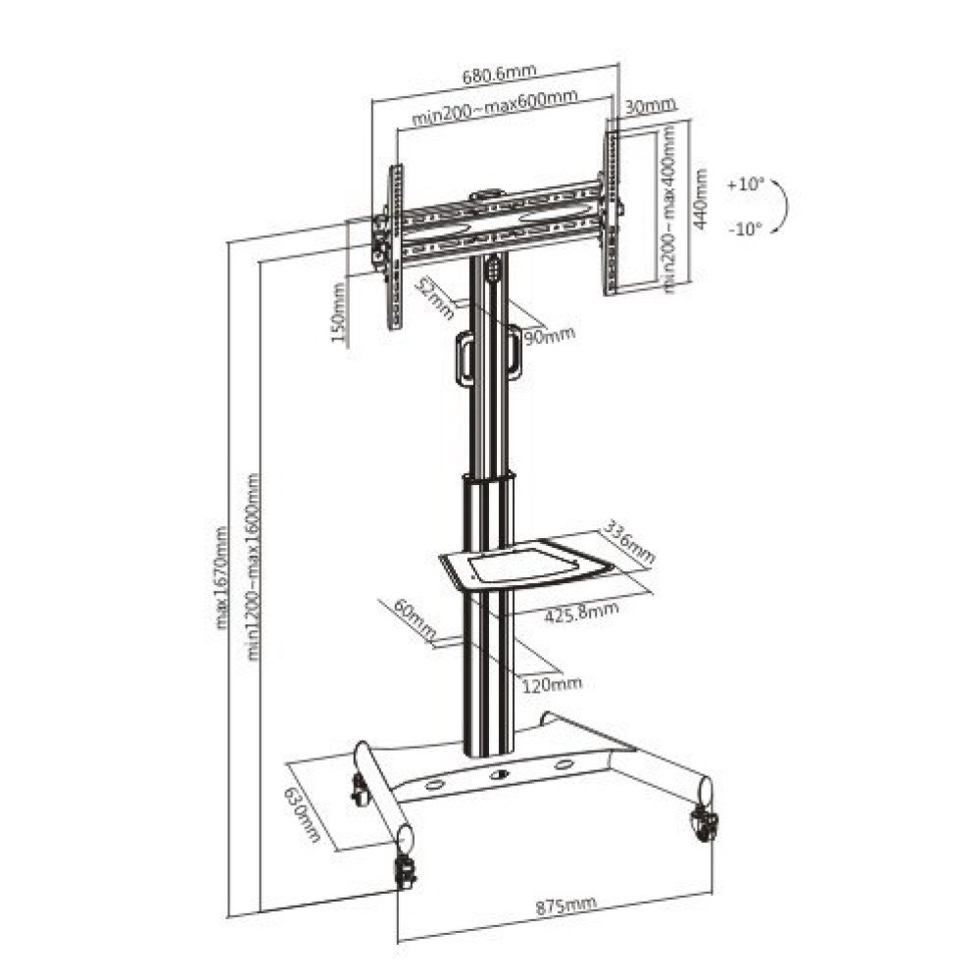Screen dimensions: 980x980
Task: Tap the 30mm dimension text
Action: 649,107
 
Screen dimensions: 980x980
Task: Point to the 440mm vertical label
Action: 699,198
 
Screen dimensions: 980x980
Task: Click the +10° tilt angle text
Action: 745,184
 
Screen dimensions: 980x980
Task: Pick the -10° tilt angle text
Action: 745,230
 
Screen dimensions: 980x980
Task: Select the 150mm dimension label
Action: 339,315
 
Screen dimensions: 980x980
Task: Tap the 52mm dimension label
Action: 434,298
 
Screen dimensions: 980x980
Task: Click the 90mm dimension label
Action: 549,336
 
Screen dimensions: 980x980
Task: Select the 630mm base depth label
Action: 306,814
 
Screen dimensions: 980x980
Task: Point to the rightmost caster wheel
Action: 704,824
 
